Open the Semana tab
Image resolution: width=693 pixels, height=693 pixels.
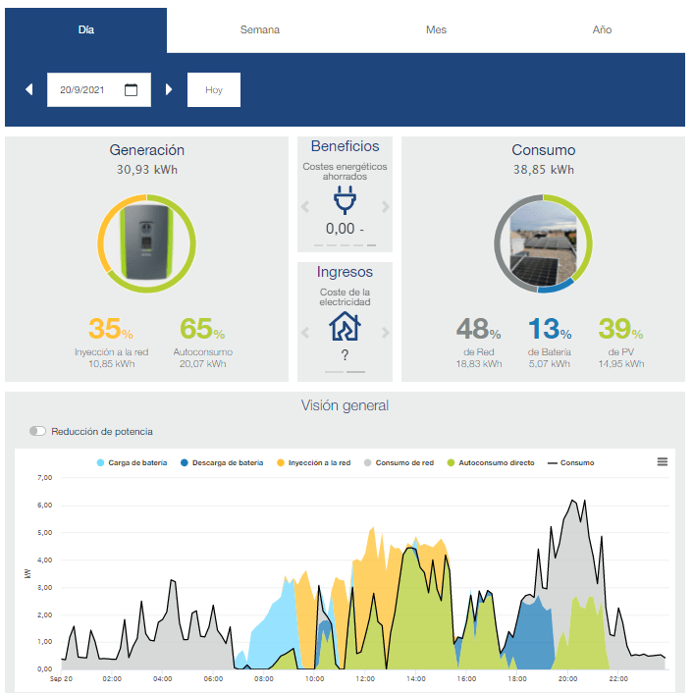259,29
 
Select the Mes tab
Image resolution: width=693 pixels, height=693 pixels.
436,29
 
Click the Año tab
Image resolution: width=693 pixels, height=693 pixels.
602,29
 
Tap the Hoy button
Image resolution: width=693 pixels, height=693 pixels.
214,89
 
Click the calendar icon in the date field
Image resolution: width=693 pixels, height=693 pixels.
131,89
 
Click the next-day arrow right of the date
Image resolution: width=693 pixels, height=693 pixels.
169,89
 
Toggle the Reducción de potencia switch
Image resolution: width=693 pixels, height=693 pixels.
37,431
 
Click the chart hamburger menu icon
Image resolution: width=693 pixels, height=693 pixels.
662,462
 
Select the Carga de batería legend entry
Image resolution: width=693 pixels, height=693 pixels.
132,462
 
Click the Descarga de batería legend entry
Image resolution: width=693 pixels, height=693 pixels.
222,462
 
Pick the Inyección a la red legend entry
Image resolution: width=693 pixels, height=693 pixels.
313,462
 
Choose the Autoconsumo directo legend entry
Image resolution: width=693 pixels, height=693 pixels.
491,462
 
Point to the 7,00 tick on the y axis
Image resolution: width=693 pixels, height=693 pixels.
44,477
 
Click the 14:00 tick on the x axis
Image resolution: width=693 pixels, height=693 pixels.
416,679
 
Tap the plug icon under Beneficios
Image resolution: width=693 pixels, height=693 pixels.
345,200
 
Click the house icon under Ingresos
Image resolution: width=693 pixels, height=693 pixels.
345,326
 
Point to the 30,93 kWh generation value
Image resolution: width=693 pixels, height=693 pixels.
146,170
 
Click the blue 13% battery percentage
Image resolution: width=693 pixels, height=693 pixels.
550,329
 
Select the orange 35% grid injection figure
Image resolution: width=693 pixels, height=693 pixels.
111,329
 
